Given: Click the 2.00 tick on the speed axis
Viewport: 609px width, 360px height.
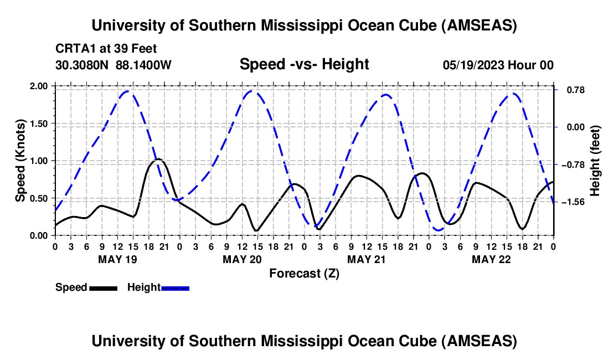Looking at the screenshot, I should [x=38, y=86].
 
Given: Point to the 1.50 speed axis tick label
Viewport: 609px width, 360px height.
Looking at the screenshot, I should [x=38, y=124].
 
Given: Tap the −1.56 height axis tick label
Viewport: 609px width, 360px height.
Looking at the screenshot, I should [x=574, y=202].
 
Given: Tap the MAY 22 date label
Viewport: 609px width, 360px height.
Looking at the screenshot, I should [x=491, y=259].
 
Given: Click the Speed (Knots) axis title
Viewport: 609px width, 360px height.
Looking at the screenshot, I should [x=20, y=161].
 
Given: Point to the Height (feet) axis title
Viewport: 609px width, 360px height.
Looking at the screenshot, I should [x=596, y=161].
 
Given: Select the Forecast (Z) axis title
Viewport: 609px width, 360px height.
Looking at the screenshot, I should [x=304, y=273].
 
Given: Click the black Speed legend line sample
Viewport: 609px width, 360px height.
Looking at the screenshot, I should [x=103, y=288].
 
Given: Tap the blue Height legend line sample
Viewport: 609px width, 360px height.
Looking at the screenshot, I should [x=175, y=288].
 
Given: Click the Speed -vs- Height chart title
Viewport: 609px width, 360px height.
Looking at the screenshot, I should [x=304, y=64].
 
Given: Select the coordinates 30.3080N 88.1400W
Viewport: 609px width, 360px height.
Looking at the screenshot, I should [x=113, y=65].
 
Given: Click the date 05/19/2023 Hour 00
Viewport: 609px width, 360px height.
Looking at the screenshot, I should [x=498, y=65].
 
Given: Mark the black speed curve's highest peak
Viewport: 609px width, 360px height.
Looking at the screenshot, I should [x=158, y=159].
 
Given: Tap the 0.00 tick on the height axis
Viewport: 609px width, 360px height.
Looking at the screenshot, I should [x=574, y=127].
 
